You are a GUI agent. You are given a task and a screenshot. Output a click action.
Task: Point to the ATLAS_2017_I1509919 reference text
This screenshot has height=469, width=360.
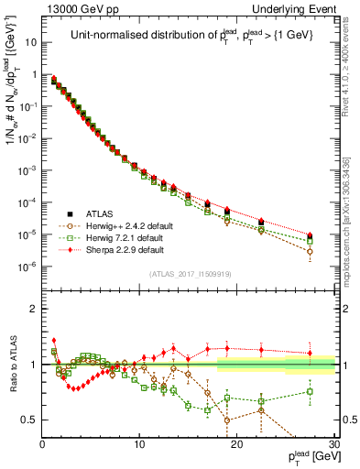190,273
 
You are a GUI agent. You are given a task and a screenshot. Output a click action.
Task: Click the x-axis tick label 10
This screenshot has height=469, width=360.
139,443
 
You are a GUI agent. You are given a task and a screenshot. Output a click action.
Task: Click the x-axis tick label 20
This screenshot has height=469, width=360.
236,443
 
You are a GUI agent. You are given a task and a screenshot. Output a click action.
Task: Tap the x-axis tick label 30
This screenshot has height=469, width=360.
333,443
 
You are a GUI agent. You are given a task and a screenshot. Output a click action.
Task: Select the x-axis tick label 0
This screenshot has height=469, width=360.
43,443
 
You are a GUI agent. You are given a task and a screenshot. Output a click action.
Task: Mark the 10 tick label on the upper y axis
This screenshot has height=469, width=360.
29,42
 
